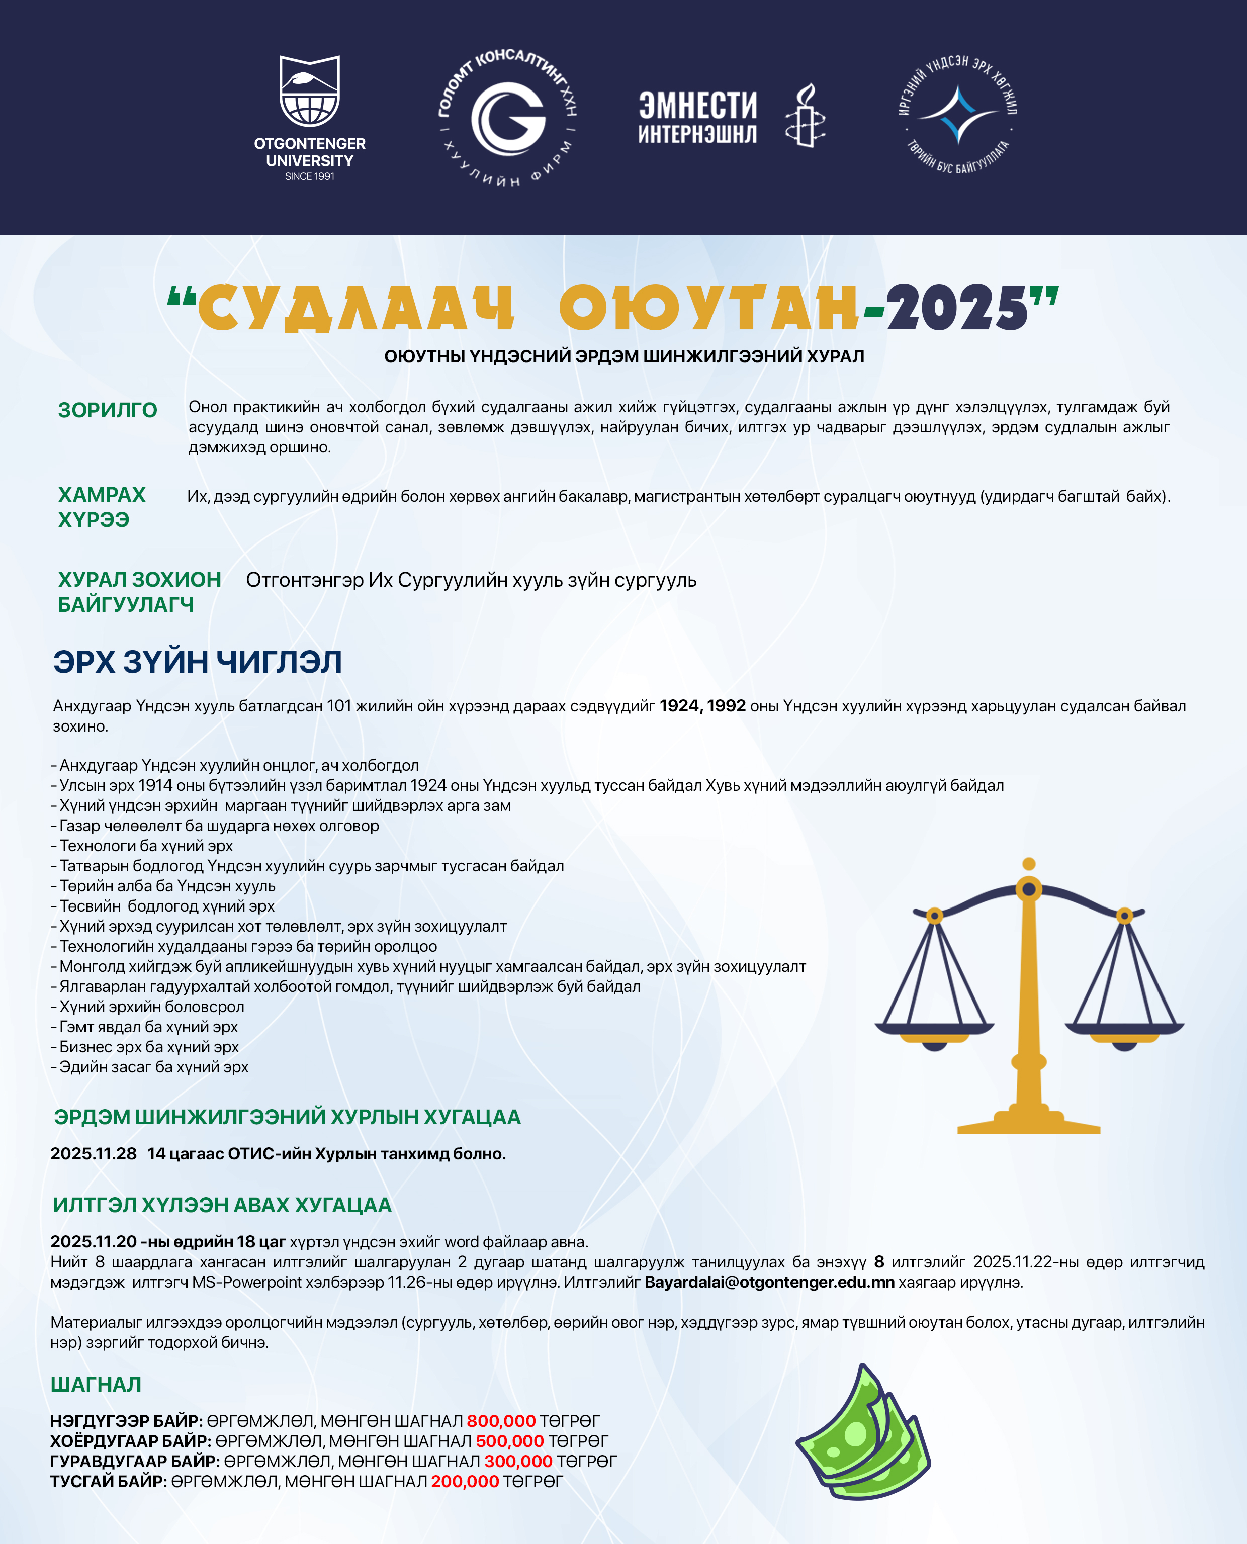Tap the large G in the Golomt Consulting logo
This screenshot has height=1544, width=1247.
point(508,119)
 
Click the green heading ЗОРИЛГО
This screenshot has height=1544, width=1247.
point(108,410)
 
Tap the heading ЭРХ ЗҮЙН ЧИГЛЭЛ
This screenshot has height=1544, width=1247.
point(198,662)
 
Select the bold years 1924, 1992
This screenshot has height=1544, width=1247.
point(702,706)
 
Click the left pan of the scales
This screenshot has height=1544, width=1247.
point(934,1029)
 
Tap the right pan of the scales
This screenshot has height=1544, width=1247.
point(1124,1029)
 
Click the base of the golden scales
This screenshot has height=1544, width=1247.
point(1029,1124)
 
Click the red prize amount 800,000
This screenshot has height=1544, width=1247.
point(501,1420)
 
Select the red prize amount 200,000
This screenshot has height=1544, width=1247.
point(464,1481)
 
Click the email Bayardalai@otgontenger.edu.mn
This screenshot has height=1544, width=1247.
point(769,1282)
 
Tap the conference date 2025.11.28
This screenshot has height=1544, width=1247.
point(94,1153)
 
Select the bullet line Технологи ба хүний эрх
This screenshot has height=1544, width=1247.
point(146,845)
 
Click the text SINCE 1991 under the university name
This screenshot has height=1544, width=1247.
point(310,176)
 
